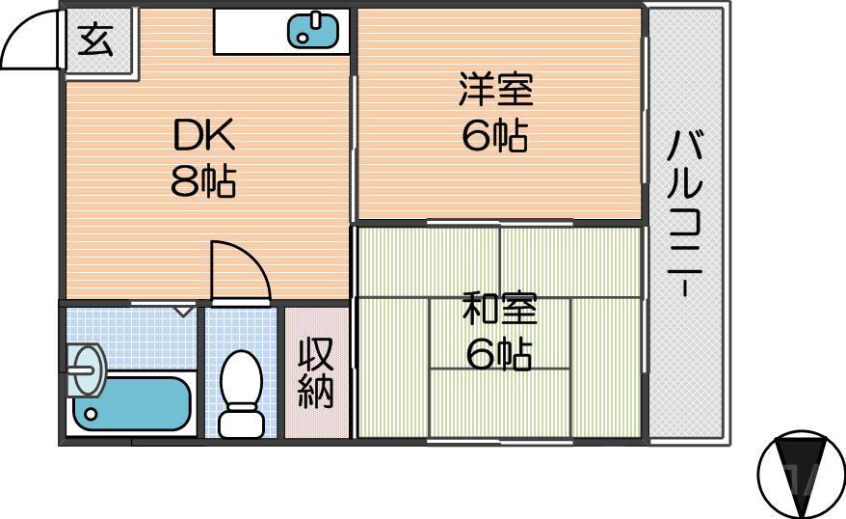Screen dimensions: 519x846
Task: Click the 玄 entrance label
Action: [x=96, y=41]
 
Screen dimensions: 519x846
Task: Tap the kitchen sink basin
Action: [x=314, y=30]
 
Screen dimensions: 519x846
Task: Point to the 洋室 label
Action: [x=495, y=93]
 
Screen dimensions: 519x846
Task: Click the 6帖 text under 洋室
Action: [x=495, y=138]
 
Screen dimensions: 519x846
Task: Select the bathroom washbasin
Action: [x=88, y=369]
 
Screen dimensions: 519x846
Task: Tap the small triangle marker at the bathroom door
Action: [x=183, y=311]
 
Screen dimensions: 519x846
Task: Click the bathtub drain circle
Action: [x=90, y=415]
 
